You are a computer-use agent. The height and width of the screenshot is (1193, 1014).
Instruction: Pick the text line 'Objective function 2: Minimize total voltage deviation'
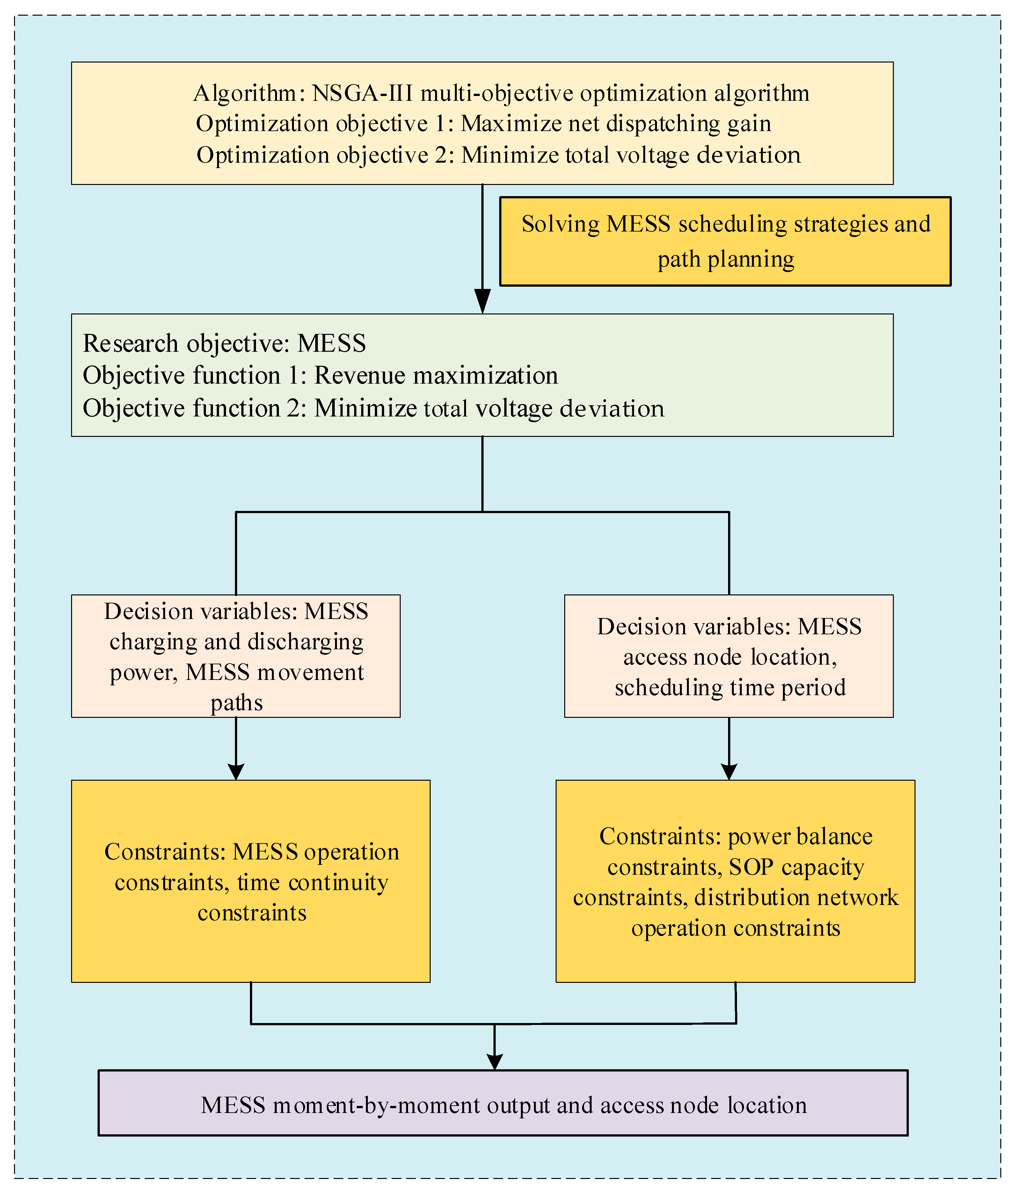[374, 408]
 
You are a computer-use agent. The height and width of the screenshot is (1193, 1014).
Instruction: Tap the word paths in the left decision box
[236, 703]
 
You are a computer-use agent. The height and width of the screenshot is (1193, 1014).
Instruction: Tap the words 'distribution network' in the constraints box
[796, 897]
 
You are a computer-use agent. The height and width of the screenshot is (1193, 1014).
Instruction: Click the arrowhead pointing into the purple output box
[494, 1062]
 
